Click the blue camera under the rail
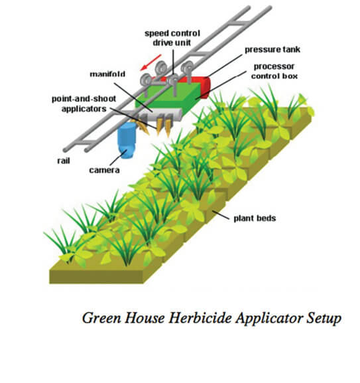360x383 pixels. [127, 140]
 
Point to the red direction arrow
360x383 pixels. [150, 62]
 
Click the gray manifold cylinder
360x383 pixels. [152, 115]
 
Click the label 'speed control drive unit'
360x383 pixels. [172, 38]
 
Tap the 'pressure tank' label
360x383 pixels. [272, 50]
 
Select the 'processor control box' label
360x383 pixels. [274, 71]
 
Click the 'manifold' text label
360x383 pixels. [107, 74]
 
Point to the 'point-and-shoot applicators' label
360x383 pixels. [84, 104]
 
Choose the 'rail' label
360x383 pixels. [64, 161]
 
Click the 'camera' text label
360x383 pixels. [104, 170]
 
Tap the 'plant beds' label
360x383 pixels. [255, 218]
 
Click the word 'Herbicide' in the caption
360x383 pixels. [200, 318]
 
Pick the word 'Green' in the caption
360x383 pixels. [101, 318]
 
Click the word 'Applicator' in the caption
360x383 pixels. [269, 319]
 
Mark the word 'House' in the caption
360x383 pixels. [145, 318]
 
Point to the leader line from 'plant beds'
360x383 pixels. [221, 215]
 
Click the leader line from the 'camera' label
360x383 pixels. [118, 157]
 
